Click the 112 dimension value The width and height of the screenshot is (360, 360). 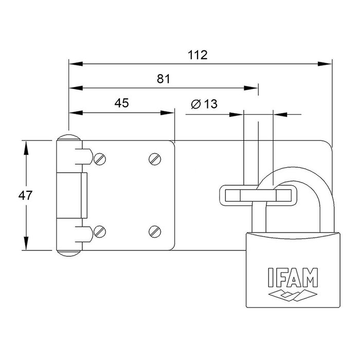199,56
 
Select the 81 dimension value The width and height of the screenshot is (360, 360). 163,79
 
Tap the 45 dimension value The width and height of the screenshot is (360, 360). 121,103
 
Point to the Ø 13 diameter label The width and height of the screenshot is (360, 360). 204,103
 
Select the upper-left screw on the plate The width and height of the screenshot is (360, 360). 100,159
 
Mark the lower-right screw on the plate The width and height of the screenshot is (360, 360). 155,231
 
